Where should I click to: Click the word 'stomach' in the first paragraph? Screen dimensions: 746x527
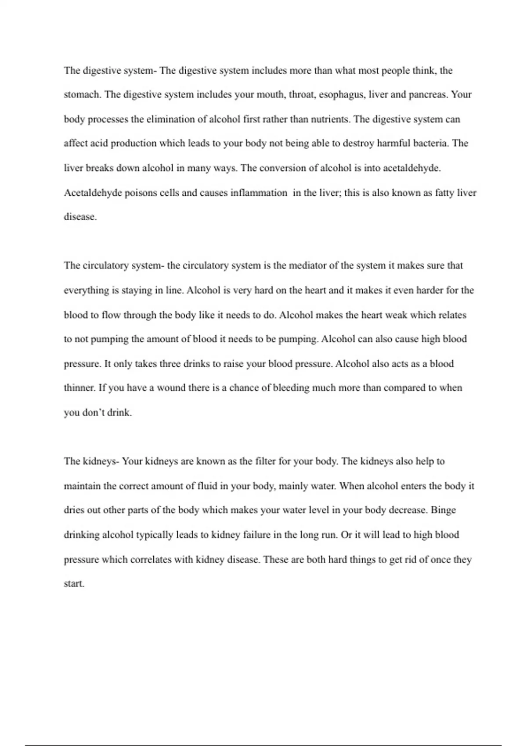click(x=82, y=95)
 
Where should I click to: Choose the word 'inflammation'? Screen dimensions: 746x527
click(x=259, y=193)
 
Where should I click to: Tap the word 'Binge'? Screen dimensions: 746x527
click(x=444, y=510)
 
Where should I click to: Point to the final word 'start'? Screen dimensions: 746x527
click(x=73, y=584)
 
